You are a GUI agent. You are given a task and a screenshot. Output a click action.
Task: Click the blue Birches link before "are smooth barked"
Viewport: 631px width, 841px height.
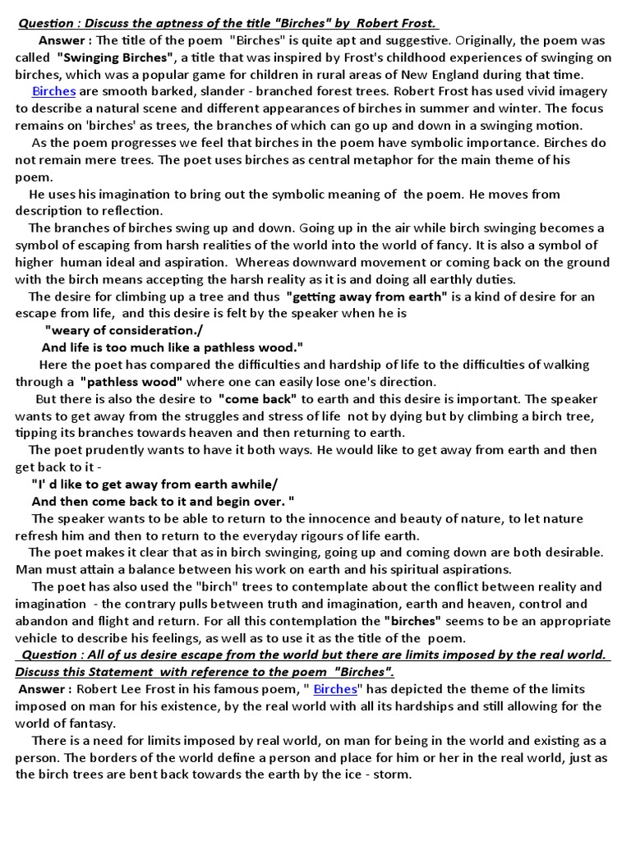tap(53, 91)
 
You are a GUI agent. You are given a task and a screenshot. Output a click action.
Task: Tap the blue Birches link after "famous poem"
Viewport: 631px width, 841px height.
tap(334, 688)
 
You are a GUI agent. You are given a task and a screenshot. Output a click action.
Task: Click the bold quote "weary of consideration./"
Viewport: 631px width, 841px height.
tap(113, 330)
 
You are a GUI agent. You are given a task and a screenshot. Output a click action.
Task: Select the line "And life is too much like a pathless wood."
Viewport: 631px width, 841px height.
tap(173, 347)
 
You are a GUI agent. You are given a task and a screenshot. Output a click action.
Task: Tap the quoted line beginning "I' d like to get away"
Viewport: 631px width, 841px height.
tap(155, 484)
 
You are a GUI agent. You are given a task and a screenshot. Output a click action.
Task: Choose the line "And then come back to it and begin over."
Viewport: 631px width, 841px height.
tap(163, 501)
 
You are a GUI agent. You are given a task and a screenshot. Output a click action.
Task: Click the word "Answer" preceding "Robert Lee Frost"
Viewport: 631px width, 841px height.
tap(44, 688)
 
